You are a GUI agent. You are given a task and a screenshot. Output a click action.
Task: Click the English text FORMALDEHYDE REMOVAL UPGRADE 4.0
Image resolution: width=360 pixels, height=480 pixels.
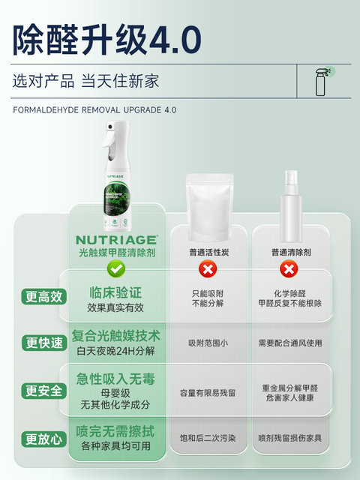94,109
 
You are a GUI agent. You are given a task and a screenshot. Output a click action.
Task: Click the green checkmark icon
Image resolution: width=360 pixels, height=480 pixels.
116,268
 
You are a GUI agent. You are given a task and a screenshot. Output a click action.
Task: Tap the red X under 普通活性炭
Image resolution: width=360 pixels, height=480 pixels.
205,268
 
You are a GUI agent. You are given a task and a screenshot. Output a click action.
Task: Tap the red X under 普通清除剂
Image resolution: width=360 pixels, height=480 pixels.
287,268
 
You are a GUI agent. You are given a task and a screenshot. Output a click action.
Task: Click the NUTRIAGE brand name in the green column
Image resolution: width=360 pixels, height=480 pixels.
116,240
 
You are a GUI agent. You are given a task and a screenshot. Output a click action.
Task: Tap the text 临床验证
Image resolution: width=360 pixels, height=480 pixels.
116,292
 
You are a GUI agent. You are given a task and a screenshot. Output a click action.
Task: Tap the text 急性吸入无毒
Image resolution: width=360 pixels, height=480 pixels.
116,378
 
